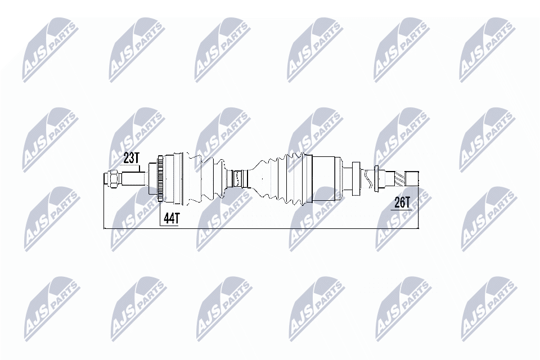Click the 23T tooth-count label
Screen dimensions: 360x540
(x=131, y=158)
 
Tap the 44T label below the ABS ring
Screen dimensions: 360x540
(x=170, y=218)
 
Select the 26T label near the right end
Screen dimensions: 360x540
(x=402, y=202)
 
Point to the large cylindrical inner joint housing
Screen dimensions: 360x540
(x=326, y=179)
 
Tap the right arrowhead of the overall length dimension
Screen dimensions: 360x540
(x=418, y=229)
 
